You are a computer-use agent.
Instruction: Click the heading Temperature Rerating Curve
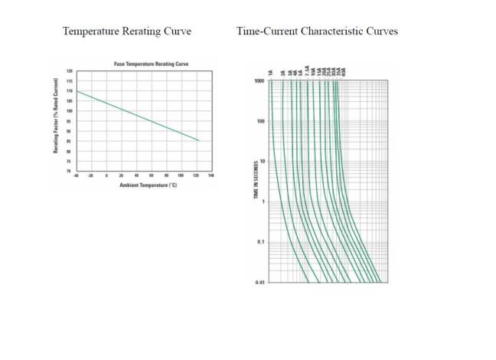pyautogui.click(x=126, y=31)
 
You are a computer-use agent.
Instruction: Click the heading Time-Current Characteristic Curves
pyautogui.click(x=317, y=31)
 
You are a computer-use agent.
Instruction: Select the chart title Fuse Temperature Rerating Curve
pyautogui.click(x=151, y=64)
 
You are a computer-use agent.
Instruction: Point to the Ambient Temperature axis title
pyautogui.click(x=148, y=186)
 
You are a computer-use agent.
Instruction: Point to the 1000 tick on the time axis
pyautogui.click(x=259, y=80)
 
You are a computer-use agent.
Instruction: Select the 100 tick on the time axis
pyautogui.click(x=261, y=121)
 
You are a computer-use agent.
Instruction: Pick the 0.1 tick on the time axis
pyautogui.click(x=261, y=242)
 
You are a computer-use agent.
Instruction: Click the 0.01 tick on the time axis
pyautogui.click(x=260, y=283)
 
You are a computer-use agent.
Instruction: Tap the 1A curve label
pyautogui.click(x=271, y=72)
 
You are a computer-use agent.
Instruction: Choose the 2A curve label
pyautogui.click(x=283, y=72)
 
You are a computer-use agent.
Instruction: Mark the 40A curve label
pyautogui.click(x=344, y=71)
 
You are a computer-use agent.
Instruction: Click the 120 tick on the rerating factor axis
pyautogui.click(x=70, y=71)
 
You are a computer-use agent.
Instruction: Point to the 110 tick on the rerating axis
pyautogui.click(x=70, y=91)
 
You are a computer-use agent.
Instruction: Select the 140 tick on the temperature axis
pyautogui.click(x=210, y=175)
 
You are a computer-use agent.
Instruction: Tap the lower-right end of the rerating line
pyautogui.click(x=198, y=141)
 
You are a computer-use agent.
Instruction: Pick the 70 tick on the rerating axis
pyautogui.click(x=70, y=170)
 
